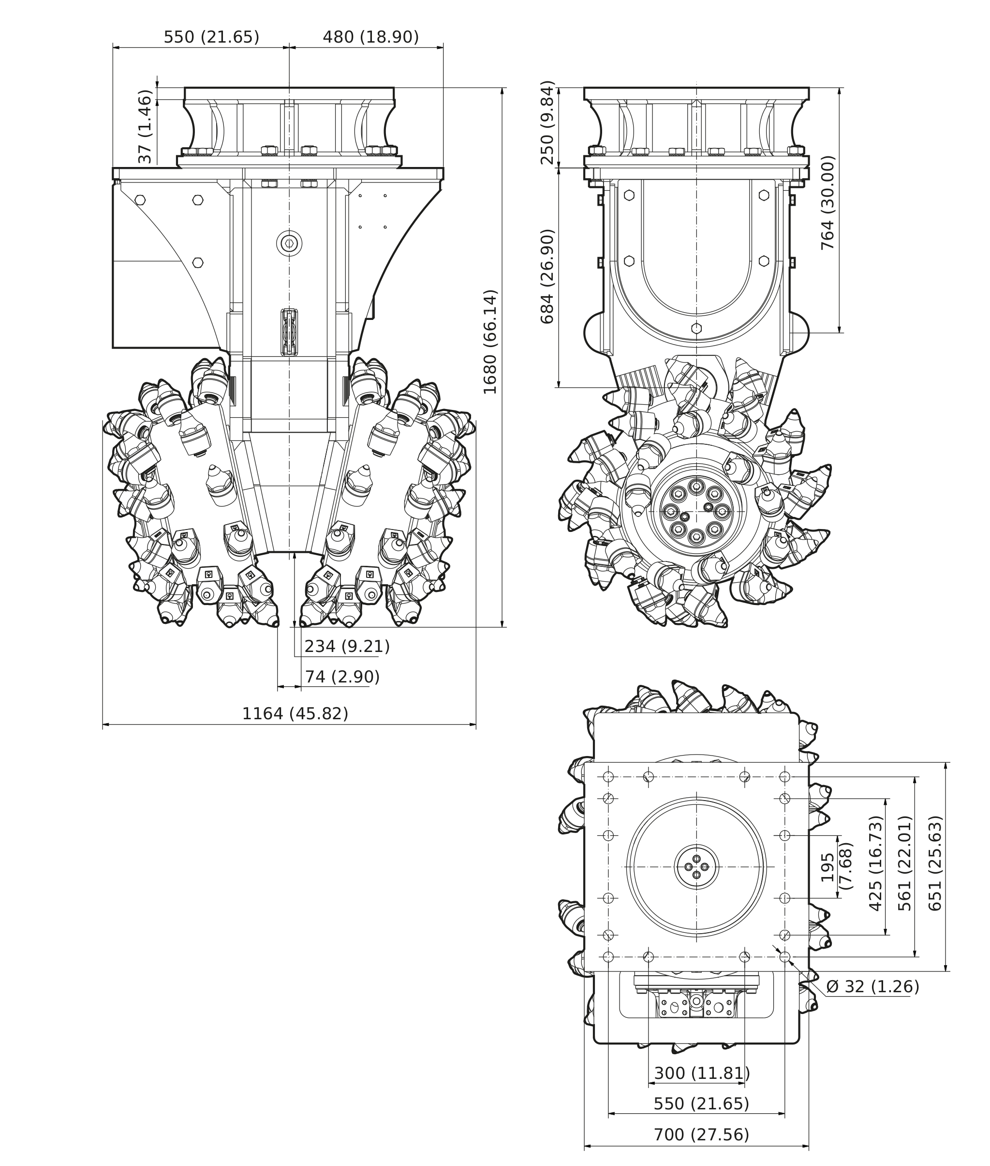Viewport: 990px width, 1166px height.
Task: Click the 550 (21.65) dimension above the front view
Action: tap(211, 37)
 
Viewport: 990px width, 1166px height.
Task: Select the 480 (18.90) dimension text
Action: tap(370, 37)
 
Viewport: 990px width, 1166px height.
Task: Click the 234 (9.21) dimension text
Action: tap(347, 647)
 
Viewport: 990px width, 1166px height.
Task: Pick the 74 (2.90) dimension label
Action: tap(342, 677)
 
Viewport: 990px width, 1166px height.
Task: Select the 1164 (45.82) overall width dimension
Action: tap(295, 713)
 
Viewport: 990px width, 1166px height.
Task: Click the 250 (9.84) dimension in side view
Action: tap(547, 122)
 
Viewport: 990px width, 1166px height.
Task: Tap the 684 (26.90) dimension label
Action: tap(547, 276)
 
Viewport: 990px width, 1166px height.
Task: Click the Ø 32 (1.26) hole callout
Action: tap(872, 986)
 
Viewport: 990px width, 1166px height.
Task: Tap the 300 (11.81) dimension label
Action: tap(702, 1073)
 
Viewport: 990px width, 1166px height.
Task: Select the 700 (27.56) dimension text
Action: tap(702, 1135)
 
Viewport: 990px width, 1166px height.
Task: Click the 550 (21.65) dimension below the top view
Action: tap(702, 1104)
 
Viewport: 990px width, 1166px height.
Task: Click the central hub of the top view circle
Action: tap(696, 867)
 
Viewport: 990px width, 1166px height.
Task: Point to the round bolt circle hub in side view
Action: tap(696, 511)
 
